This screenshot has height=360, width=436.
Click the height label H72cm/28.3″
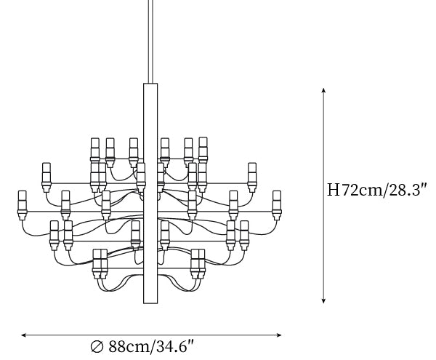376,190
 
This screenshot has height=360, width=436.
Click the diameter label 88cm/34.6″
150,347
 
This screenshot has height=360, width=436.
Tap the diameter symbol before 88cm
97,347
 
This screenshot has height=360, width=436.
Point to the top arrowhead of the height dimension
323,90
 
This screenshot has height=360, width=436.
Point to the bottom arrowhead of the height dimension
323,301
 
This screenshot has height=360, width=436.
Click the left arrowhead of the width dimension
24,335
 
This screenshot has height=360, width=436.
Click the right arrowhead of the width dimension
279,335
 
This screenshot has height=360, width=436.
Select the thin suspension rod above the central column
150,41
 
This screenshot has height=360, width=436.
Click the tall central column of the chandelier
150,193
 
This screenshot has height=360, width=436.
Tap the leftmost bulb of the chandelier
22,205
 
